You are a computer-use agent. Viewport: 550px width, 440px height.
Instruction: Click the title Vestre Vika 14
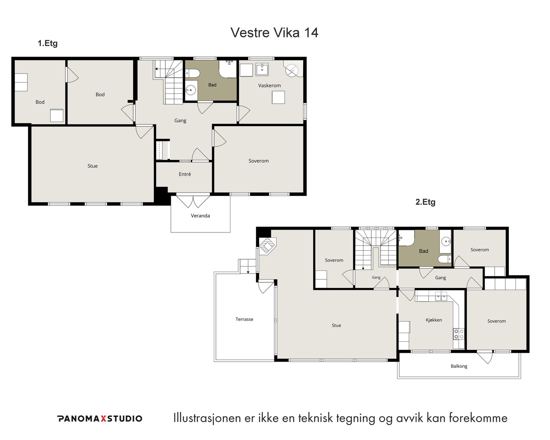click(x=274, y=32)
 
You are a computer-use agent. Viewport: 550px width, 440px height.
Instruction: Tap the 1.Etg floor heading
click(x=47, y=43)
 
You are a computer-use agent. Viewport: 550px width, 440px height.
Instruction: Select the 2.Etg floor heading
click(x=425, y=202)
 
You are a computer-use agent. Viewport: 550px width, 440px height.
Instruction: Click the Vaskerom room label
click(x=269, y=85)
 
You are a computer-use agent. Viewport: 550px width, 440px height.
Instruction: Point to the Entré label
click(x=185, y=174)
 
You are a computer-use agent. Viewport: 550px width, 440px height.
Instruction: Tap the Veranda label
click(x=200, y=216)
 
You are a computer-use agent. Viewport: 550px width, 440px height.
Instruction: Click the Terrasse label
click(x=244, y=319)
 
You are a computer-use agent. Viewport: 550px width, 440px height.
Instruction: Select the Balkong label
click(x=459, y=366)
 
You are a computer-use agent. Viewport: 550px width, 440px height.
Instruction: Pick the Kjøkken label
click(x=434, y=320)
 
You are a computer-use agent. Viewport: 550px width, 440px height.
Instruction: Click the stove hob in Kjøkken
click(x=459, y=334)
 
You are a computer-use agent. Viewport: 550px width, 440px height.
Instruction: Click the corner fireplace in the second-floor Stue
click(x=267, y=246)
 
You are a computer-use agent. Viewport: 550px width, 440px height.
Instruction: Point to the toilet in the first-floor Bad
click(x=192, y=74)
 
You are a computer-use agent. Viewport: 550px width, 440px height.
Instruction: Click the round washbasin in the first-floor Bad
click(x=190, y=90)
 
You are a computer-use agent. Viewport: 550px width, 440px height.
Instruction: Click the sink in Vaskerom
click(x=262, y=69)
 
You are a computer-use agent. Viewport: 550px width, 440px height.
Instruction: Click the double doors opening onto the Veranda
click(x=193, y=201)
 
